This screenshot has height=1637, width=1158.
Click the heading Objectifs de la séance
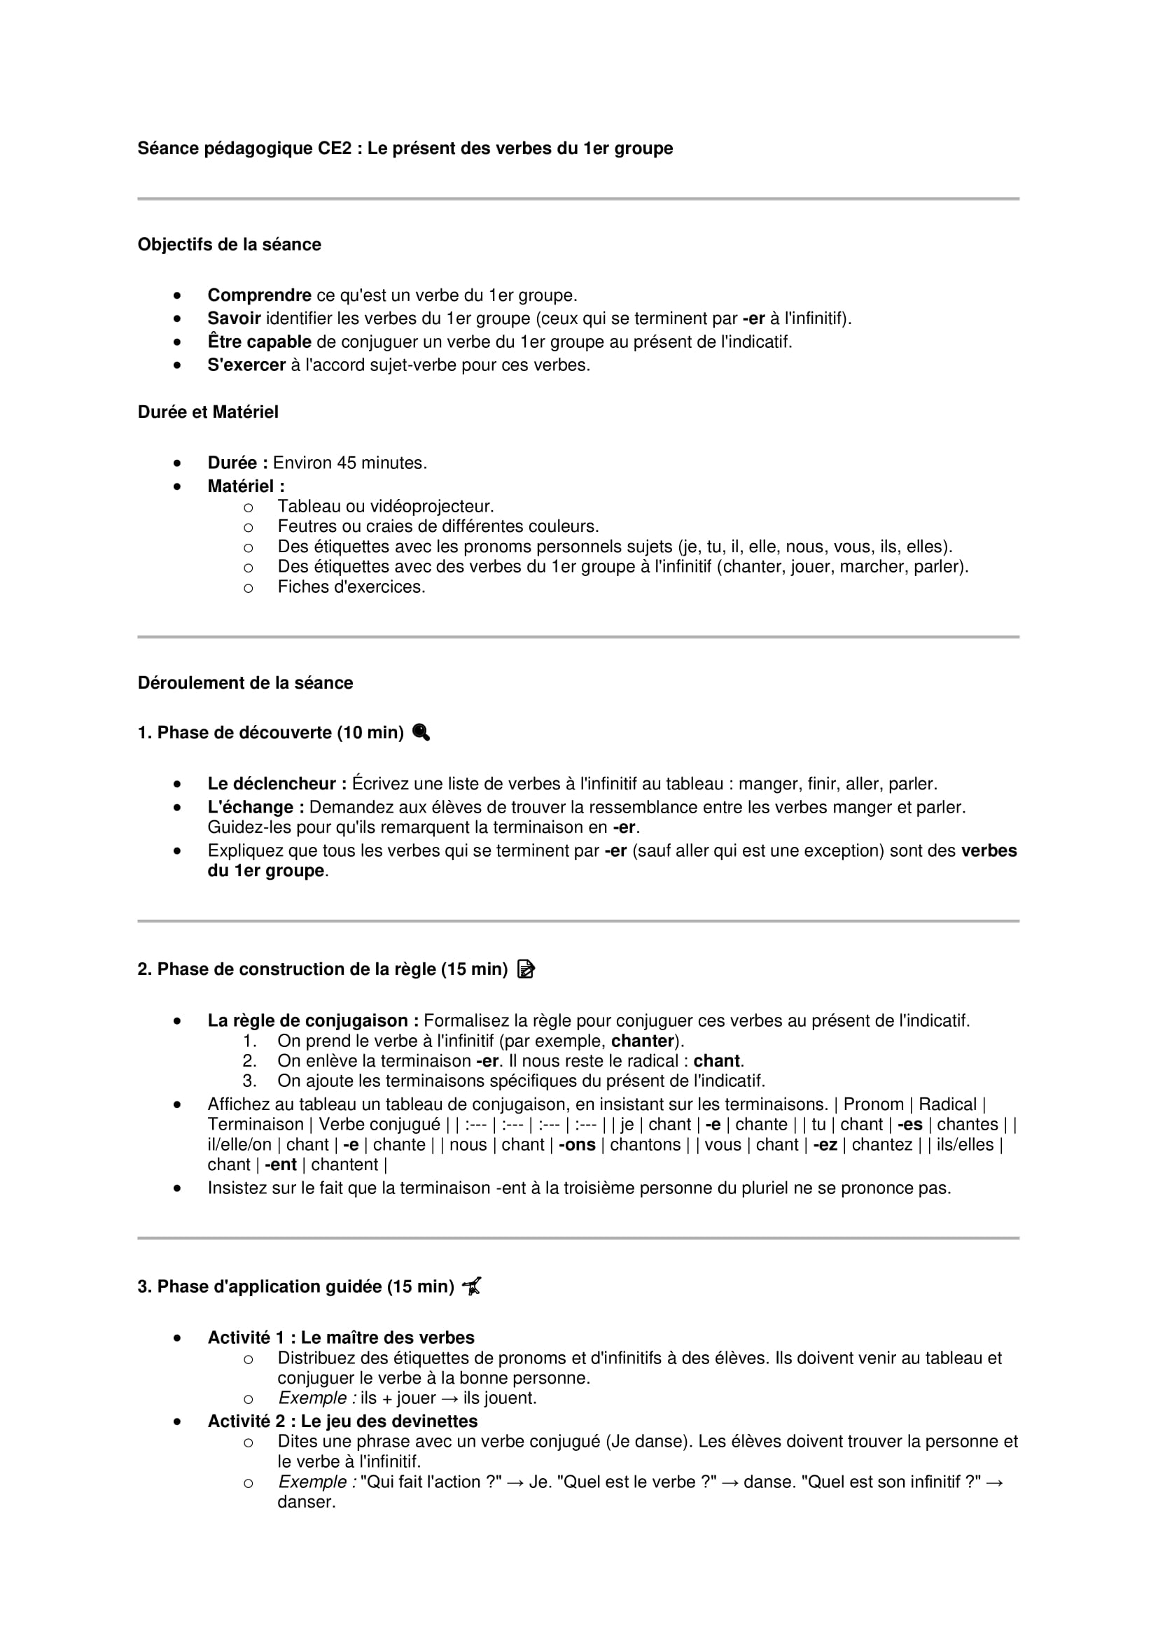229,244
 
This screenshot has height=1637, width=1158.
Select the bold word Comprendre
259,295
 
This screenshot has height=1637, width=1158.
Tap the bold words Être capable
259,342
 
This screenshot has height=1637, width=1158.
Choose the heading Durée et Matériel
207,412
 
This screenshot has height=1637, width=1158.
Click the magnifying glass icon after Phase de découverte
421,732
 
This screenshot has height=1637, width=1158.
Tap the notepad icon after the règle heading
526,969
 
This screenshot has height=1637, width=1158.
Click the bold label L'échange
256,807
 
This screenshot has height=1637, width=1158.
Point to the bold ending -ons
577,1144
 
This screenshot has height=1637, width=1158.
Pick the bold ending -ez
825,1144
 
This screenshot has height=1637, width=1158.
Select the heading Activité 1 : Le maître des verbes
341,1337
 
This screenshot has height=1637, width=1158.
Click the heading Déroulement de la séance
245,683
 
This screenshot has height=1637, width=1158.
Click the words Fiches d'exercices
351,586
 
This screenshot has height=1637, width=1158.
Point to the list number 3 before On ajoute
249,1081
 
